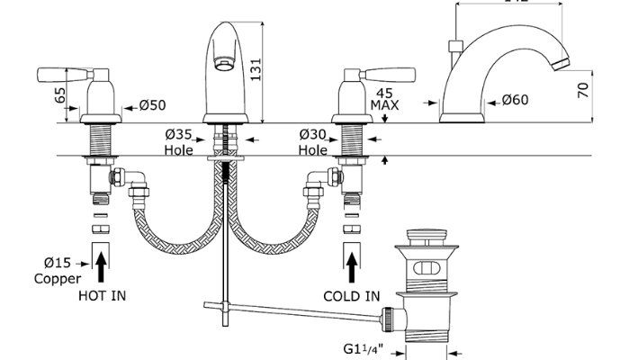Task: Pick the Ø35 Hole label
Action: [x=178, y=142]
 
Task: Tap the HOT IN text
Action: [x=103, y=295]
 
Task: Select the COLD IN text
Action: [x=352, y=295]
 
